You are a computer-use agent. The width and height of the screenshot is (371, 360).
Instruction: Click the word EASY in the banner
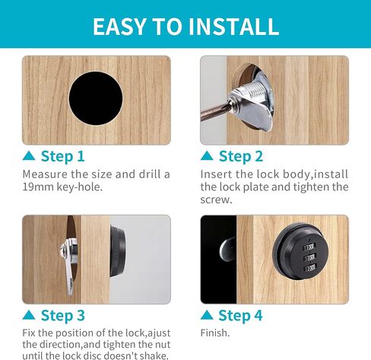(x=119, y=27)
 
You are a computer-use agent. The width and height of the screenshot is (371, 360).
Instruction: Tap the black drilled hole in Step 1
(x=96, y=98)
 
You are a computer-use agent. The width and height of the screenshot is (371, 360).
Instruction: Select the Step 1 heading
(x=62, y=156)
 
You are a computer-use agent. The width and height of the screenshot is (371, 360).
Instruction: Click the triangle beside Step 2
(x=207, y=155)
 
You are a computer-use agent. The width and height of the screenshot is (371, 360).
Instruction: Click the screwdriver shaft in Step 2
(x=214, y=112)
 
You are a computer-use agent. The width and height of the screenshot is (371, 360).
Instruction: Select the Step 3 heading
(x=63, y=316)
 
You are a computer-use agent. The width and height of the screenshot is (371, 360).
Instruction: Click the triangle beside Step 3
(x=29, y=315)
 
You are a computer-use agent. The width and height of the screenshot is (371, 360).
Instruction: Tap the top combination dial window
(x=309, y=247)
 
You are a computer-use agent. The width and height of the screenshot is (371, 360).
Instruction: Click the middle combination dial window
(x=309, y=258)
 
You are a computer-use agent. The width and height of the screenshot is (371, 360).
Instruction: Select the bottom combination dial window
(x=309, y=269)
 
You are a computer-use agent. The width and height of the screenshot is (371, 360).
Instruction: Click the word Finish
(x=215, y=333)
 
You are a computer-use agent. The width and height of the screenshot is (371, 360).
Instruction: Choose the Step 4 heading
(x=240, y=316)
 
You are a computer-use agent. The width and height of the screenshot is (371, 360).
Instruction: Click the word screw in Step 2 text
(x=216, y=200)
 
